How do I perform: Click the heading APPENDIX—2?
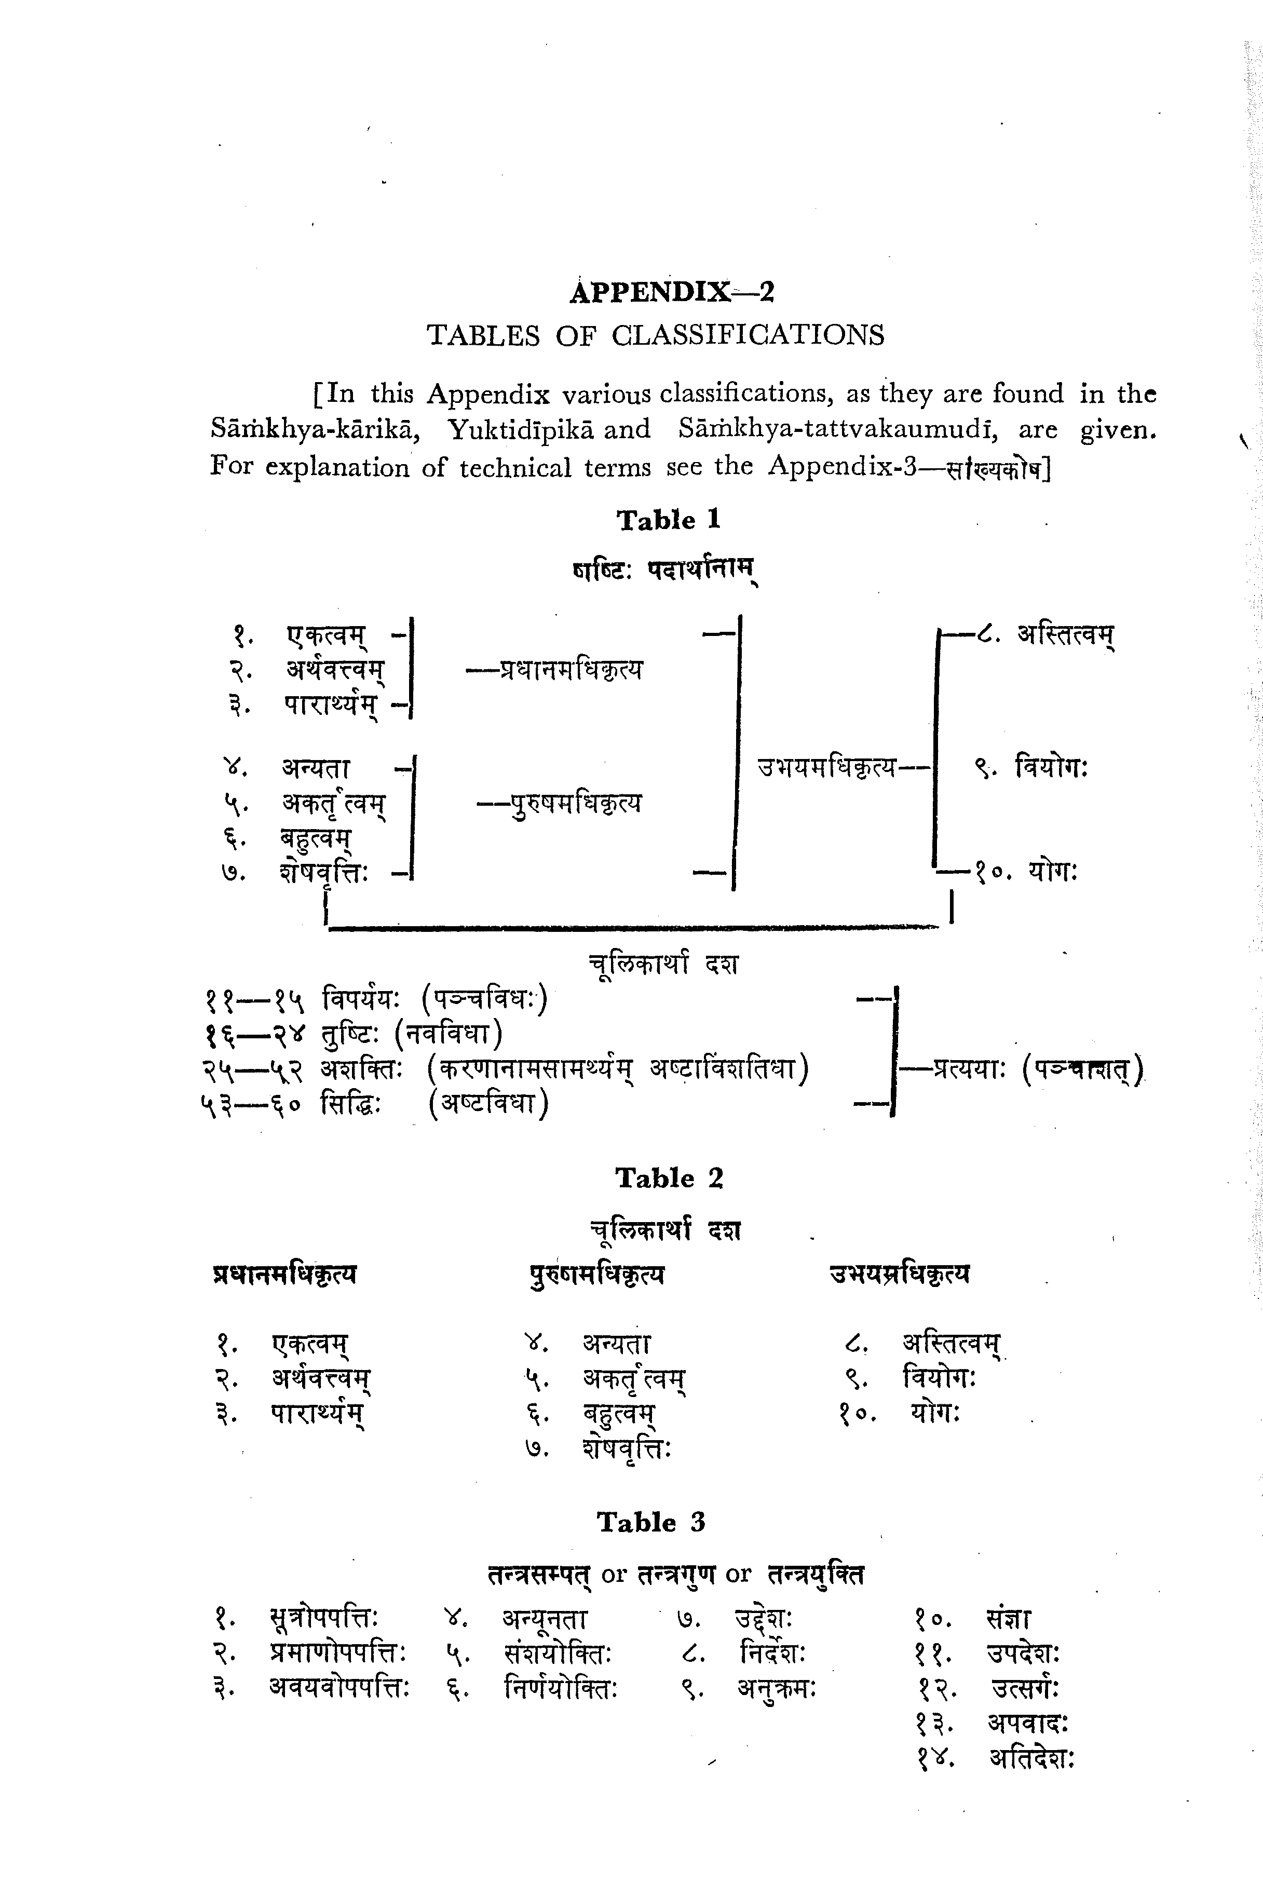click(x=671, y=292)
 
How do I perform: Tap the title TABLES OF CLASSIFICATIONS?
click(x=655, y=335)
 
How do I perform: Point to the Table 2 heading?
click(x=669, y=1178)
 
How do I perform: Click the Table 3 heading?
click(x=651, y=1523)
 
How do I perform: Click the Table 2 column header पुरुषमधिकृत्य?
click(x=597, y=1275)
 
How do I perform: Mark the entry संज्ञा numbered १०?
click(x=1008, y=1618)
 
